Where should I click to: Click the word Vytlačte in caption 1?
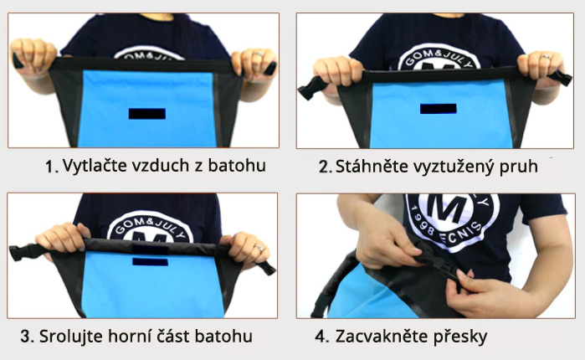pyautogui.click(x=91, y=165)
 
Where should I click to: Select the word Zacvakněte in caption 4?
pyautogui.click(x=381, y=337)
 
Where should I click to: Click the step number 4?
pyautogui.click(x=321, y=337)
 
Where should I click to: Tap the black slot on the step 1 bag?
pyautogui.click(x=147, y=113)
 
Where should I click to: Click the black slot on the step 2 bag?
pyautogui.click(x=438, y=109)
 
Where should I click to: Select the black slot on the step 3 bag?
pyautogui.click(x=150, y=261)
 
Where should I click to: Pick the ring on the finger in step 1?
pyautogui.click(x=259, y=55)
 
